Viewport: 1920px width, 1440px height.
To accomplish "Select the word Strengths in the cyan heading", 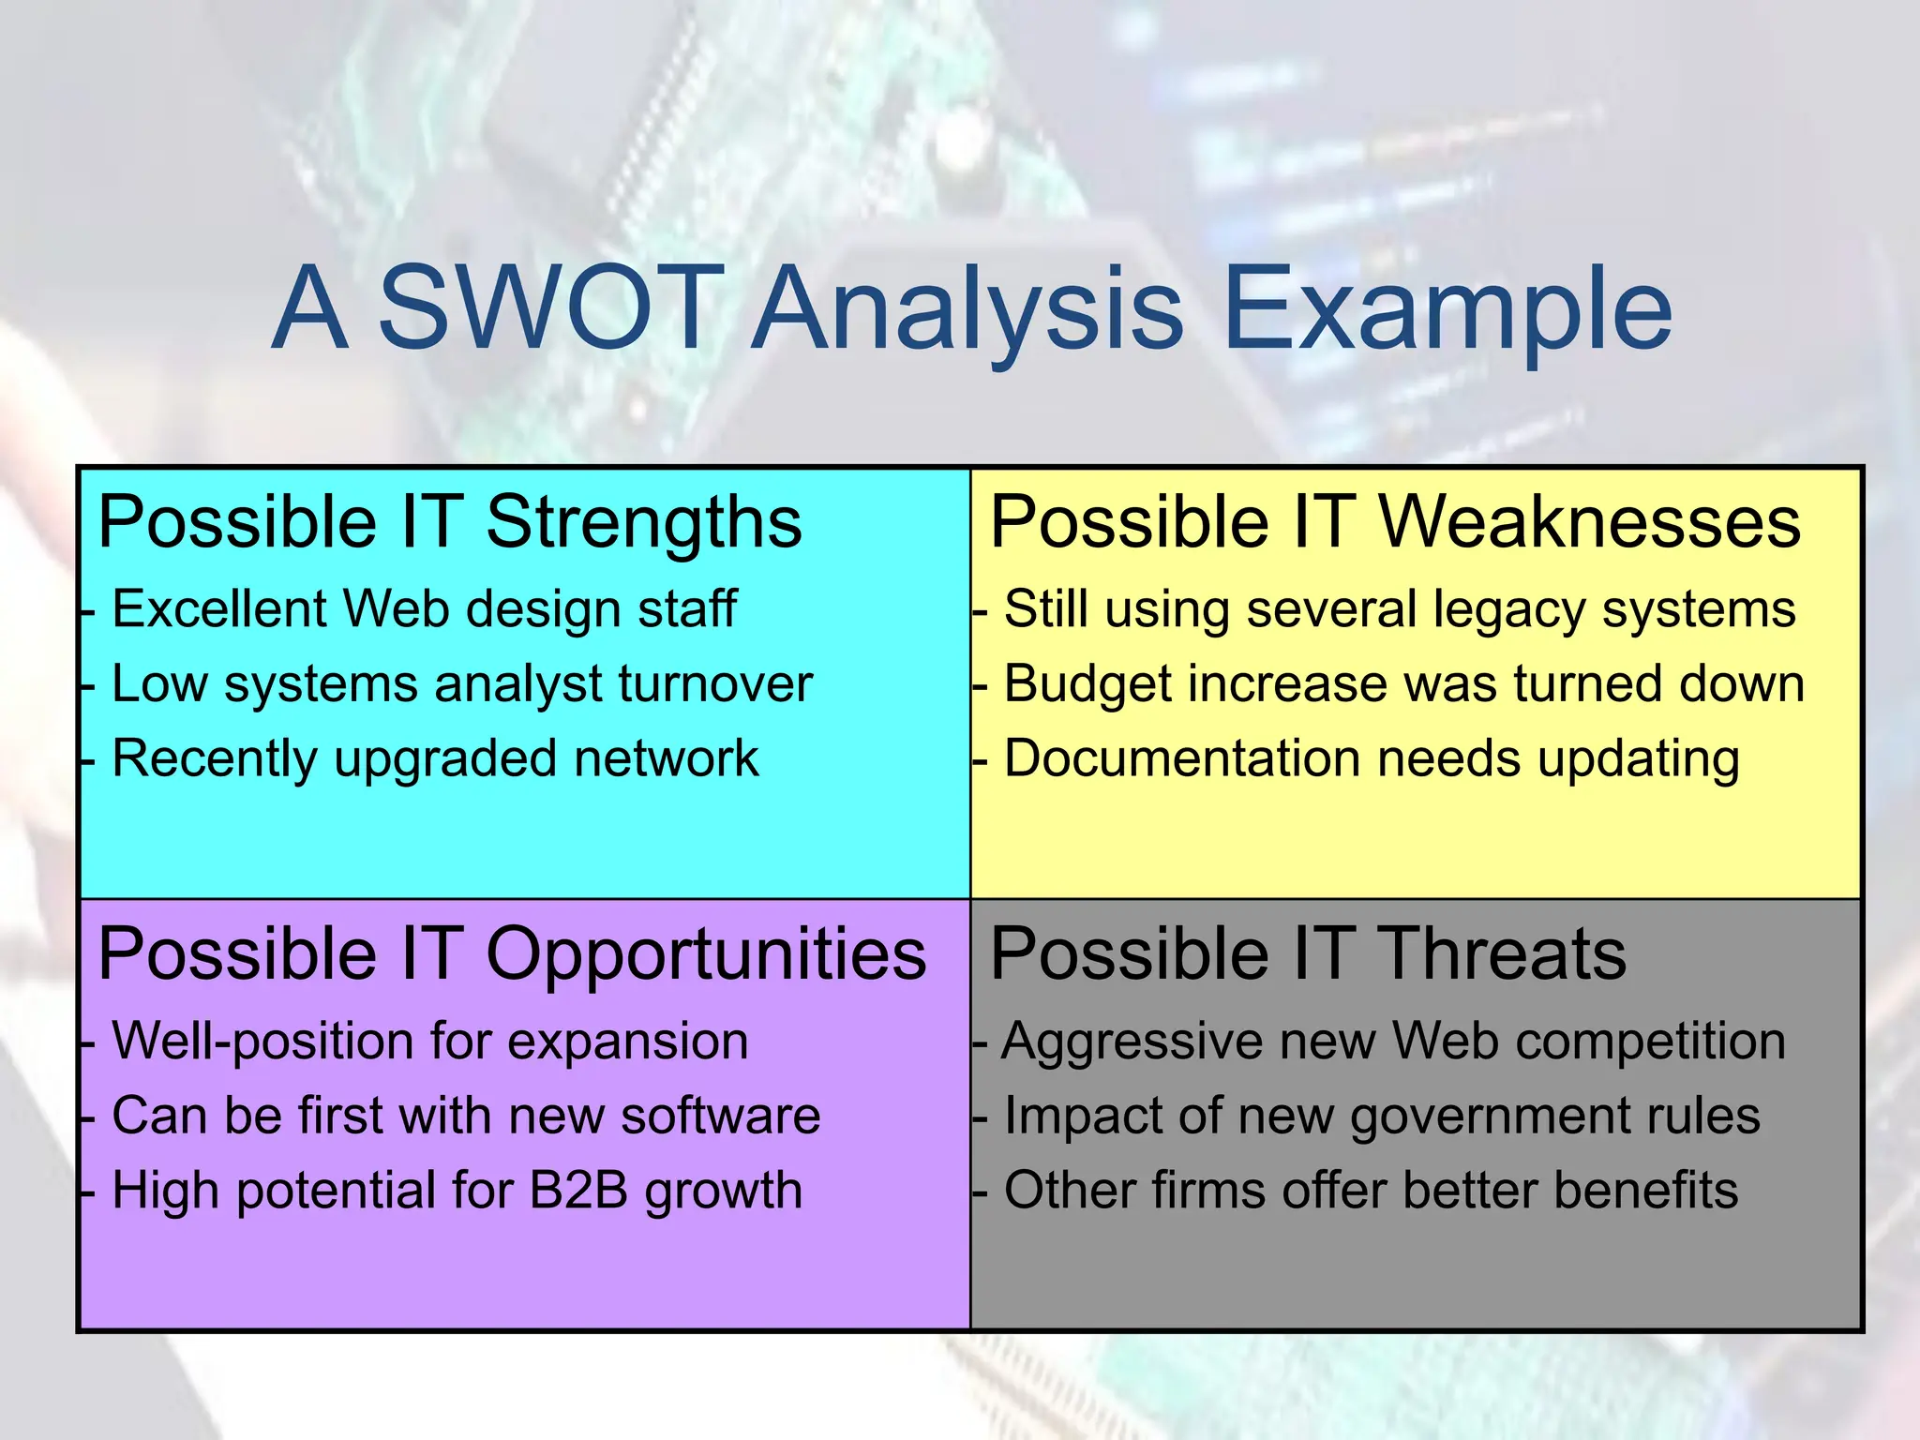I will [644, 523].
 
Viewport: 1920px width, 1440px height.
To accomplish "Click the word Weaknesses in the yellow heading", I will [1590, 521].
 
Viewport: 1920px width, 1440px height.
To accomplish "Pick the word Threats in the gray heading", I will [1502, 954].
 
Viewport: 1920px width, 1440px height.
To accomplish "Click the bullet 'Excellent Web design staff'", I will [424, 609].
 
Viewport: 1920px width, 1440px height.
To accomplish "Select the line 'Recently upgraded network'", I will [435, 758].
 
